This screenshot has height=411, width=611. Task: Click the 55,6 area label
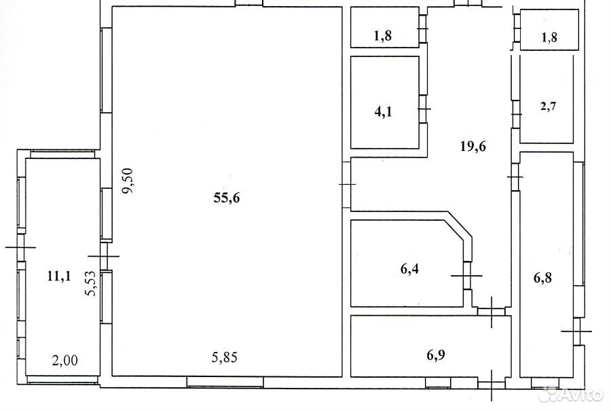click(227, 198)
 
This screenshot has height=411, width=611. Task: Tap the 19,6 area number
click(473, 147)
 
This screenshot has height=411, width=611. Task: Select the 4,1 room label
click(383, 112)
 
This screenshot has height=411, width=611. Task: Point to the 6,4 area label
click(409, 268)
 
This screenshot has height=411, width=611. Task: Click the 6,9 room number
click(436, 355)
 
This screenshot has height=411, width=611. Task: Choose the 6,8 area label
click(543, 279)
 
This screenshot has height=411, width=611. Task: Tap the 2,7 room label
click(549, 106)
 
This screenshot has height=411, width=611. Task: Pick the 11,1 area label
click(59, 276)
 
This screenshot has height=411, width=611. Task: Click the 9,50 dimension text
click(128, 181)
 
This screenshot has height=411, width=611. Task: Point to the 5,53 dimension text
click(91, 283)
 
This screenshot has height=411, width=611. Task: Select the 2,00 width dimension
click(64, 360)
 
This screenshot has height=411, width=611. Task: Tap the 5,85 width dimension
click(225, 357)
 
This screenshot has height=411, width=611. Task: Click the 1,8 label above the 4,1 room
click(383, 36)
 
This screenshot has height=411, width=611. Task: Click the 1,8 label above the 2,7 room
click(549, 37)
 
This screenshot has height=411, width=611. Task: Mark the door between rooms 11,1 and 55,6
click(104, 256)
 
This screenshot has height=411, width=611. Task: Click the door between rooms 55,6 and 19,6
click(346, 184)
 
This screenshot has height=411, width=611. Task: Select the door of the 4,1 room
click(424, 109)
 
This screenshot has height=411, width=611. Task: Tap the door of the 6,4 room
click(468, 275)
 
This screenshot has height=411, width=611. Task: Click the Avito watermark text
click(580, 395)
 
